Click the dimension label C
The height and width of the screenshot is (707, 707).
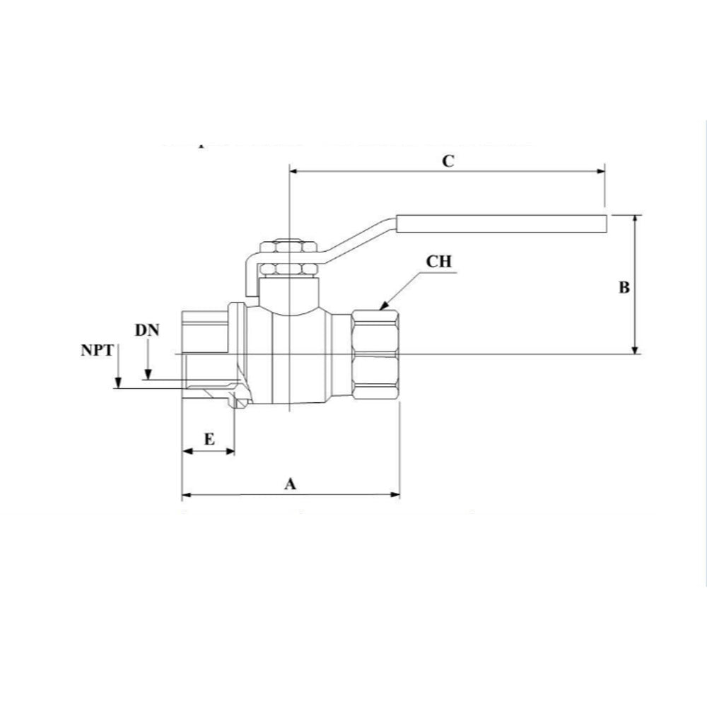coord(448,160)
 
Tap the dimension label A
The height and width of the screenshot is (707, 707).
coord(289,484)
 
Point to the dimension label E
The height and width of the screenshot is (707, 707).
coord(209,439)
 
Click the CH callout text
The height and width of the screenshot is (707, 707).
coord(438,261)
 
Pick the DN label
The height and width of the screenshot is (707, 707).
coord(147,330)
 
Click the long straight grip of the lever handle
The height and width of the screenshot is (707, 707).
coord(502,223)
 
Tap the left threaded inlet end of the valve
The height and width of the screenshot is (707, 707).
coord(205,353)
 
